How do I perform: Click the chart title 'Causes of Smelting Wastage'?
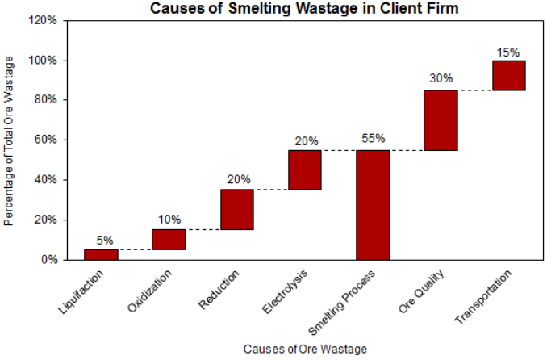(x=304, y=10)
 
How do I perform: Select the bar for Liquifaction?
(x=101, y=254)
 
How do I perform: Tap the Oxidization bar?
(x=169, y=240)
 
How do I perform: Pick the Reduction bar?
(x=237, y=210)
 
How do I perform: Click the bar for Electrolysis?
(x=305, y=170)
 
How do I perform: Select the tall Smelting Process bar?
(x=373, y=205)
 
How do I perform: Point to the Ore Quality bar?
(x=441, y=120)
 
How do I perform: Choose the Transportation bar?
(x=509, y=75)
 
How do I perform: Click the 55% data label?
(x=373, y=139)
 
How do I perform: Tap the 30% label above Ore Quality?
(x=441, y=78)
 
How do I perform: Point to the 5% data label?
(x=104, y=240)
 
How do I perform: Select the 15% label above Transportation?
(x=508, y=52)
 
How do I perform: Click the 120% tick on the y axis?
(x=44, y=21)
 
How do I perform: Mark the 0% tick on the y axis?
(x=48, y=260)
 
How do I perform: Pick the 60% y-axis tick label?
(x=46, y=140)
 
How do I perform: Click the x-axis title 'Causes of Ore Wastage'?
(x=304, y=349)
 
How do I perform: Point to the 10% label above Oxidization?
(x=169, y=220)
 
